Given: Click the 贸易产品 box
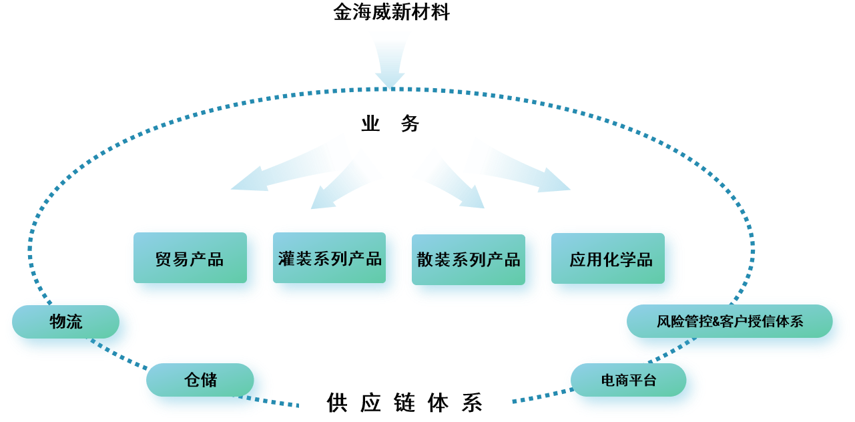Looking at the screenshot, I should [x=190, y=258].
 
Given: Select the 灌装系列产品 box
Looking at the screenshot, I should [x=330, y=258].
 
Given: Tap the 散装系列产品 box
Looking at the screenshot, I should [x=469, y=259].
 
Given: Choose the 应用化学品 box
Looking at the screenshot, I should [x=611, y=259].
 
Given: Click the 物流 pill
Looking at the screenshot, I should [x=66, y=322].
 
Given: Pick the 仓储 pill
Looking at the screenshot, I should [x=200, y=381].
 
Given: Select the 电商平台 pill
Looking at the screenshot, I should [x=628, y=381].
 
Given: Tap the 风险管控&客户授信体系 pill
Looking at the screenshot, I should [x=730, y=322].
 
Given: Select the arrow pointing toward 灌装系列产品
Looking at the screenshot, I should [x=344, y=180].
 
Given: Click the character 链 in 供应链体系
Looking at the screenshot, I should [x=404, y=403].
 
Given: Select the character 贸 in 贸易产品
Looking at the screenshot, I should [x=164, y=259].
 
